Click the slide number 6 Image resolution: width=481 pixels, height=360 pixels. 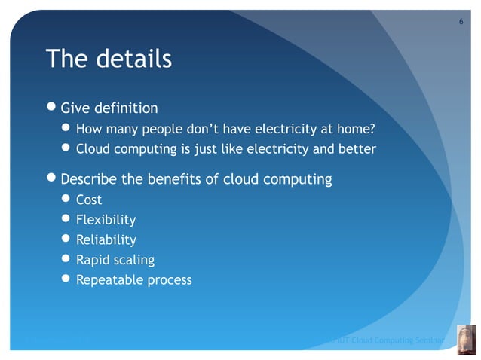[x=461, y=20]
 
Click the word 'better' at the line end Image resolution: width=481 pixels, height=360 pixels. [x=357, y=148]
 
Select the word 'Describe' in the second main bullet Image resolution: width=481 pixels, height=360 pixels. [x=89, y=179]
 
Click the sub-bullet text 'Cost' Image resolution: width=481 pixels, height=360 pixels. [x=89, y=200]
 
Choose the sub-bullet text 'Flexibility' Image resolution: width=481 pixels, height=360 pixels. [x=106, y=220]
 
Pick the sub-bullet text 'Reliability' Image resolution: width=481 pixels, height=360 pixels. [x=106, y=240]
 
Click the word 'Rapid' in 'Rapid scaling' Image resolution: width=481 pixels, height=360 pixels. [x=93, y=260]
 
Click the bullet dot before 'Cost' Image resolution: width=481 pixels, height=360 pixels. [x=66, y=200]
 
